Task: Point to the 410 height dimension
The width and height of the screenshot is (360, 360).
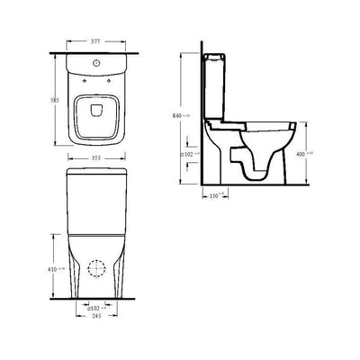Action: (x=52, y=269)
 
